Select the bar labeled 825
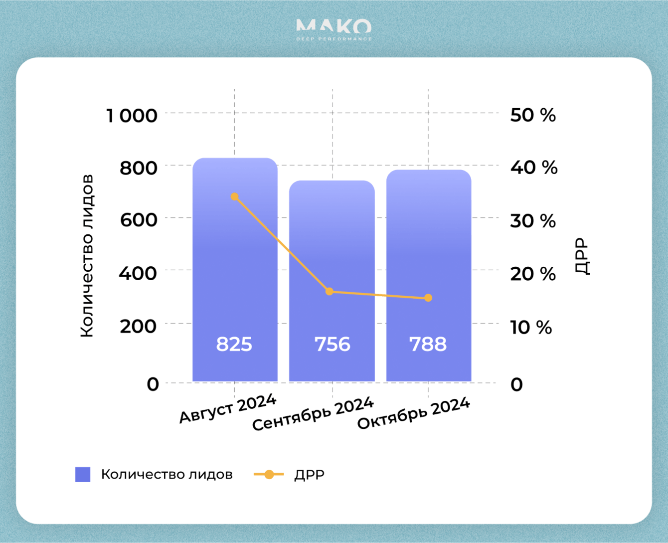pyautogui.click(x=235, y=269)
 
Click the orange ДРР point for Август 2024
pyautogui.click(x=235, y=197)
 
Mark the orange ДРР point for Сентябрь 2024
pyautogui.click(x=329, y=291)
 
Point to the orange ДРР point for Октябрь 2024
pyautogui.click(x=428, y=298)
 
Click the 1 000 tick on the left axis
pyautogui.click(x=132, y=116)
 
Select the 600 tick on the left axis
pyautogui.click(x=139, y=220)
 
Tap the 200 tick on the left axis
pyautogui.click(x=138, y=326)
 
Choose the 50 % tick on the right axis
pyautogui.click(x=533, y=115)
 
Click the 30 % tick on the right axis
pyautogui.click(x=533, y=220)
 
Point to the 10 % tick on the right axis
pyautogui.click(x=531, y=327)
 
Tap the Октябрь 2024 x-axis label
pyautogui.click(x=414, y=413)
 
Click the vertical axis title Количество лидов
pyautogui.click(x=87, y=256)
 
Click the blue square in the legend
pyautogui.click(x=83, y=475)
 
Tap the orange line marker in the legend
pyautogui.click(x=269, y=475)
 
